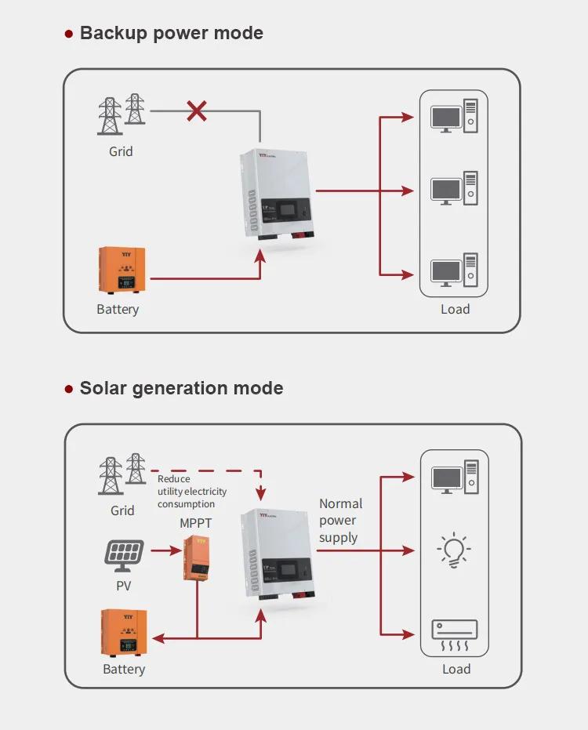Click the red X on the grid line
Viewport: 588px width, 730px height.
tap(197, 111)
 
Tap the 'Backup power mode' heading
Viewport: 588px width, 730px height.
tap(171, 33)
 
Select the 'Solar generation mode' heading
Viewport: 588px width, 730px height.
tap(181, 388)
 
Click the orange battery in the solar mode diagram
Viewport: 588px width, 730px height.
tap(125, 632)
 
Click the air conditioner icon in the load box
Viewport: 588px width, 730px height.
tap(455, 634)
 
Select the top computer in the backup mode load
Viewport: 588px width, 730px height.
tap(454, 116)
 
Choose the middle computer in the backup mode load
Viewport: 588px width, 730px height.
tap(454, 190)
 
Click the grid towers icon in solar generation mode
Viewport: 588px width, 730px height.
tap(122, 473)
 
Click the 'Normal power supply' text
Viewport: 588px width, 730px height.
tap(340, 521)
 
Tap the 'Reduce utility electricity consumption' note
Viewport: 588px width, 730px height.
tap(192, 492)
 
